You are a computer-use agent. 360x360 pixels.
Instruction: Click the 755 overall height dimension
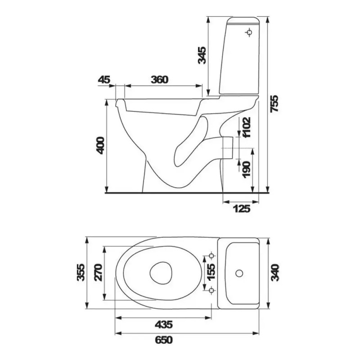(x=274, y=103)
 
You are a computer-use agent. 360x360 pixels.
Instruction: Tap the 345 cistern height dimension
(x=202, y=55)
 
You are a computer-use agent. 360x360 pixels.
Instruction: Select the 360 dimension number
(x=160, y=80)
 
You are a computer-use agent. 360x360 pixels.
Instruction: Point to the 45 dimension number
(x=104, y=80)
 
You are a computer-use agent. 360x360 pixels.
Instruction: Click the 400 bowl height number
(x=100, y=145)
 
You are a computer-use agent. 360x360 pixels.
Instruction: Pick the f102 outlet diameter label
(x=246, y=127)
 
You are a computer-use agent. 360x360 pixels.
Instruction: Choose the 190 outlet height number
(x=247, y=170)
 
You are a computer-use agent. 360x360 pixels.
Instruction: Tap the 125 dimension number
(x=241, y=209)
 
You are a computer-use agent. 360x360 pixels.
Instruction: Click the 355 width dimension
(x=81, y=273)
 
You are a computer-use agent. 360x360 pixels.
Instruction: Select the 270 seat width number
(x=99, y=273)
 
